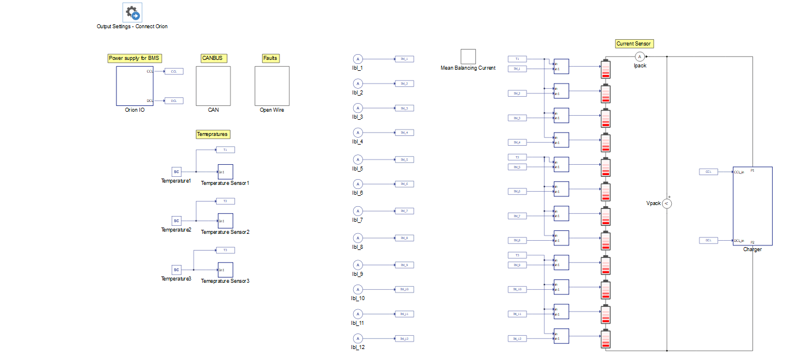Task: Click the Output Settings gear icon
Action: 132,12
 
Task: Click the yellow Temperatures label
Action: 213,134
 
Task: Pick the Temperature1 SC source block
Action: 177,172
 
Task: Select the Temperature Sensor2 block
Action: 225,221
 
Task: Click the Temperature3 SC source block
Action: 177,270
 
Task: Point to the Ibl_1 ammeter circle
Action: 357,59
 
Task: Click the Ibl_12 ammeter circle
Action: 357,338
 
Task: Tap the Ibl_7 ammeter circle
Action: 357,211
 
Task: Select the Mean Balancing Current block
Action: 468,56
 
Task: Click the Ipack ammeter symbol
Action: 639,56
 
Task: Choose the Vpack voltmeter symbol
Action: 667,203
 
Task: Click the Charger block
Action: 752,206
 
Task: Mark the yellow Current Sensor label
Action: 634,44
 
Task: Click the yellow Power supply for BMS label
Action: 135,58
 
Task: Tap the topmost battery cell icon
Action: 605,69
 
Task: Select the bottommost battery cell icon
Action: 605,339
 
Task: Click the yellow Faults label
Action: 270,58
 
